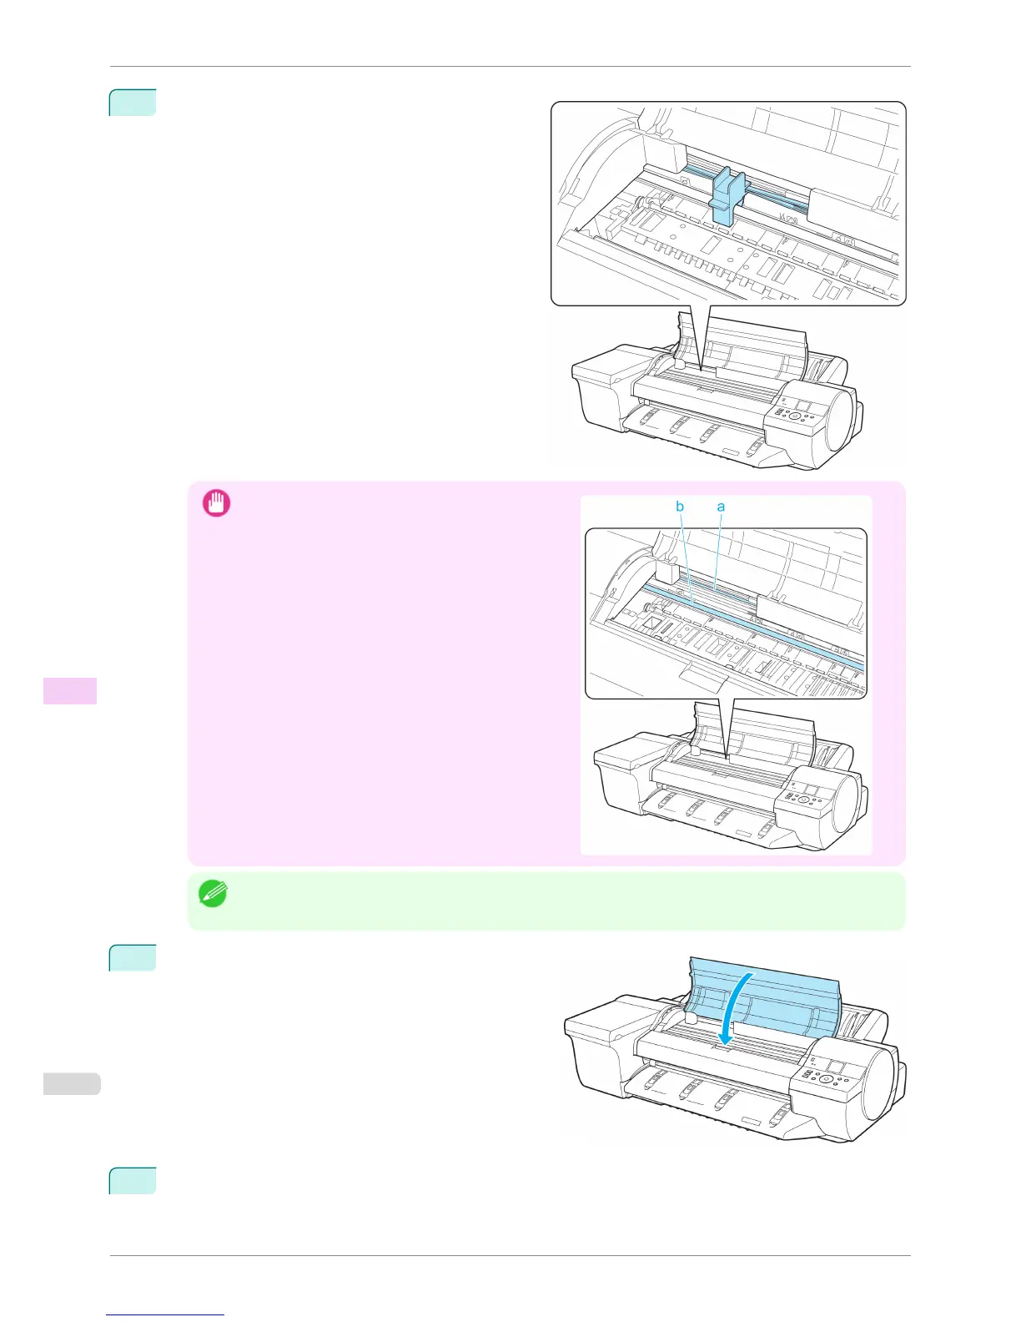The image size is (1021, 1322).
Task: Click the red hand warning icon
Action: coord(217,503)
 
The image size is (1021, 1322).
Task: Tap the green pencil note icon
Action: coord(212,894)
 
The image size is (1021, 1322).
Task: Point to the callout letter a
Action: coord(721,507)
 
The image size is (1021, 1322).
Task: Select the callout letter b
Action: coord(680,507)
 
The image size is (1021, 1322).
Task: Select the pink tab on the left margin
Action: coord(70,690)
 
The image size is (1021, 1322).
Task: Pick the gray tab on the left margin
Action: coord(72,1083)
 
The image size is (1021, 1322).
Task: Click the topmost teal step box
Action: coord(133,102)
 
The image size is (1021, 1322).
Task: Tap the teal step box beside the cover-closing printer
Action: coord(133,957)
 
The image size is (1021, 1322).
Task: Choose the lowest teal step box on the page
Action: coord(133,1180)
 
